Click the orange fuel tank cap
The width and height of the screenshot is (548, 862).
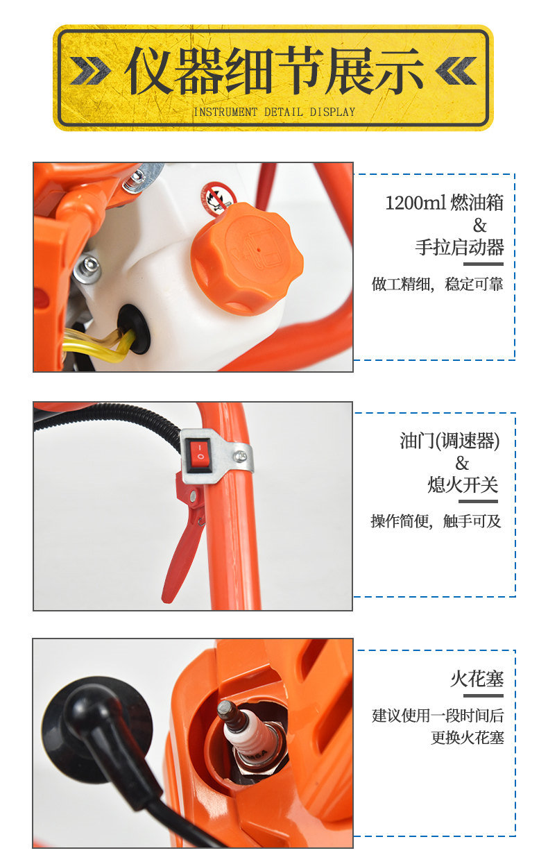[246, 259]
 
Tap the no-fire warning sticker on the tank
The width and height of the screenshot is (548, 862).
[217, 199]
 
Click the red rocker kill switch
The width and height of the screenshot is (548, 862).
[198, 455]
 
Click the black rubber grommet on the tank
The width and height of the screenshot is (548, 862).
[133, 328]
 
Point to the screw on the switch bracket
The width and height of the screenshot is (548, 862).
[240, 457]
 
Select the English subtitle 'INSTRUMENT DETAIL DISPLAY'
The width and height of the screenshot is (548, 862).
[274, 112]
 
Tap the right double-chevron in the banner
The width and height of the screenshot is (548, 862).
[456, 71]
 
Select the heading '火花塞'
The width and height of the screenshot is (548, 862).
[477, 679]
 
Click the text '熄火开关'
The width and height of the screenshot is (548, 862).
[463, 484]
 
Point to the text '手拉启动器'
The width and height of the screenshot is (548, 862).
[459, 247]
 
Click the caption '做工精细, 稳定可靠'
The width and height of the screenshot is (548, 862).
[437, 284]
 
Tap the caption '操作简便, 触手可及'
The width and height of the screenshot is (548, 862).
[436, 521]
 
